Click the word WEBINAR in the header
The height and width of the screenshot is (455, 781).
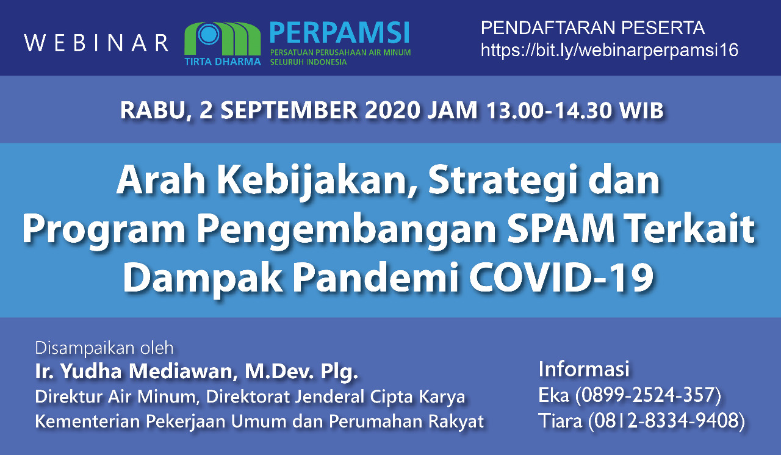coord(96,43)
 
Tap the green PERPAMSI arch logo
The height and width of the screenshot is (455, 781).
coord(223,39)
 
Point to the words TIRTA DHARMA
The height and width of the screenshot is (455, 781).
coord(223,62)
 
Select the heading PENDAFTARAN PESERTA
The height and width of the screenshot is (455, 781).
coord(592,28)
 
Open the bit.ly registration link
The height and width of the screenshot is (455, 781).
coord(610,50)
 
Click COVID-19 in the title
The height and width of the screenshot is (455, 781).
coord(561,278)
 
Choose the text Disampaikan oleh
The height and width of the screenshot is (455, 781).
coord(104,348)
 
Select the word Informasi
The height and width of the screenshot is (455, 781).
coord(584,369)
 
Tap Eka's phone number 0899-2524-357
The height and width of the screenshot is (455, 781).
coord(648,395)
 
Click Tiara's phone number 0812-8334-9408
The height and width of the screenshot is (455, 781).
coord(666,420)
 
